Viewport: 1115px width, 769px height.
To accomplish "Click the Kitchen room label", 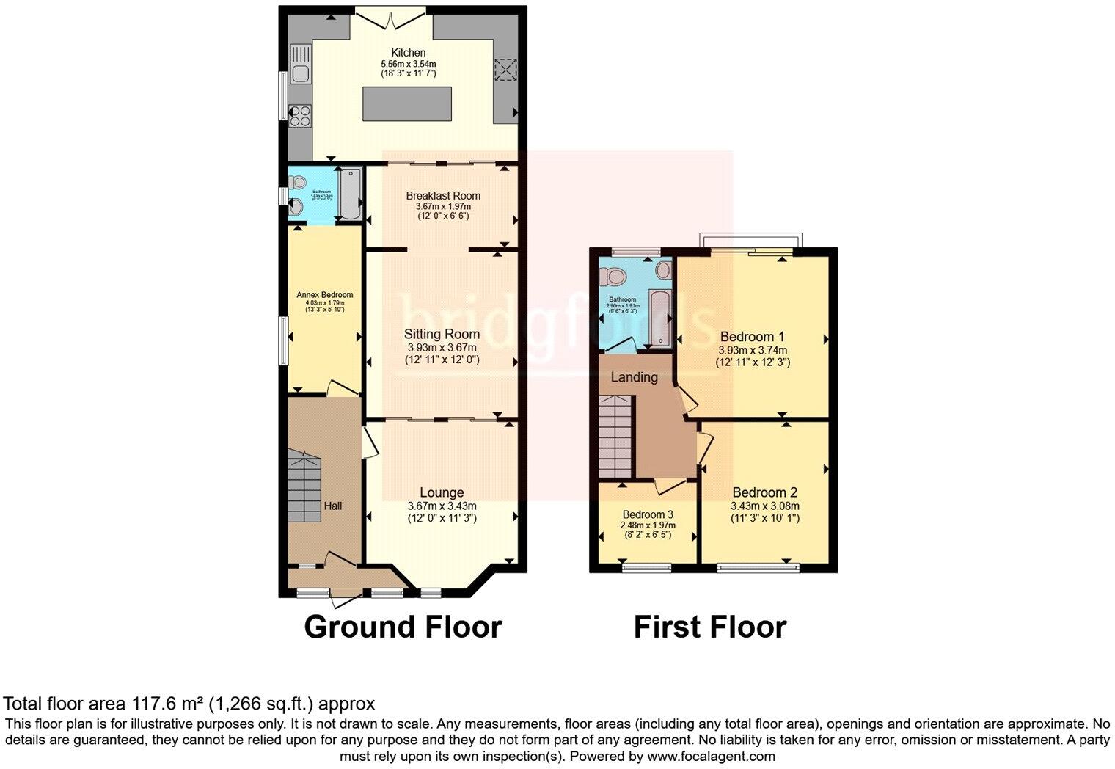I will pos(408,53).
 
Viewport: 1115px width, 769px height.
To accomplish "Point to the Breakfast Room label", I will pos(443,196).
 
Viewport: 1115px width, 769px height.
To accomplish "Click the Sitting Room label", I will pos(442,335).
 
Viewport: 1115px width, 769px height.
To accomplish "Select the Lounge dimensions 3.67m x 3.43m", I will pos(442,506).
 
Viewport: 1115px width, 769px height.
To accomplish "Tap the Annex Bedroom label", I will pos(324,295).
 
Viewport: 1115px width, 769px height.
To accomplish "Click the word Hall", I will pos(333,506).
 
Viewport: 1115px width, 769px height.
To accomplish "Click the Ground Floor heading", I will pos(403,627).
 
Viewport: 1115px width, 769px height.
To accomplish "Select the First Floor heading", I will pos(709,627).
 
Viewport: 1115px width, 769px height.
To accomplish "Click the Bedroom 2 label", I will pos(764,493).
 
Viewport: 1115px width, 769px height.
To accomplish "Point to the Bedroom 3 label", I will pos(648,514).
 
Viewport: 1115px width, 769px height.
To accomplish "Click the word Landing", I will pos(634,377).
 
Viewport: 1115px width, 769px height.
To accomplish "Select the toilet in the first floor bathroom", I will pos(613,277).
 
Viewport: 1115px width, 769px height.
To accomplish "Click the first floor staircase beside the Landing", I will pos(615,436).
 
